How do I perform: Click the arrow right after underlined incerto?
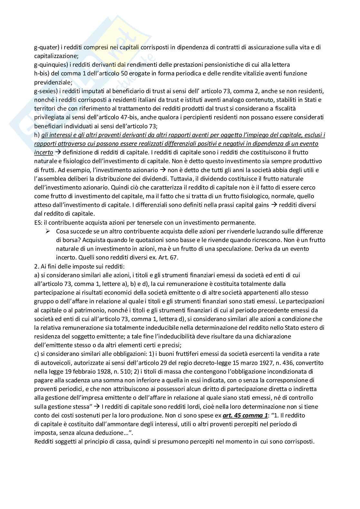coord(58,152)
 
